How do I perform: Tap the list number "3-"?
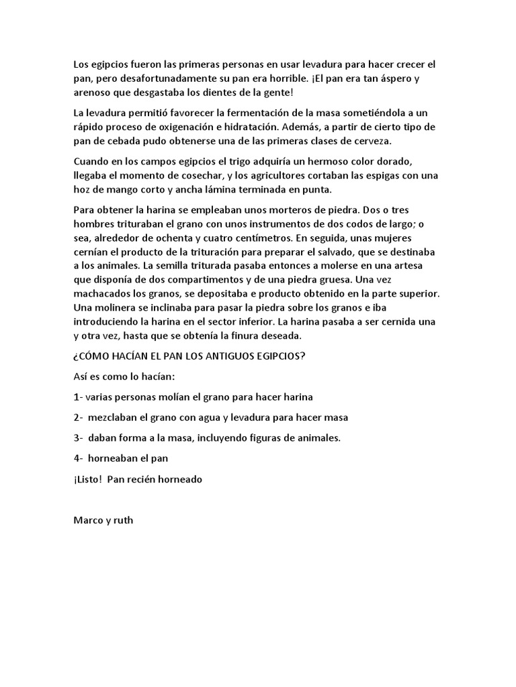click(78, 439)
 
